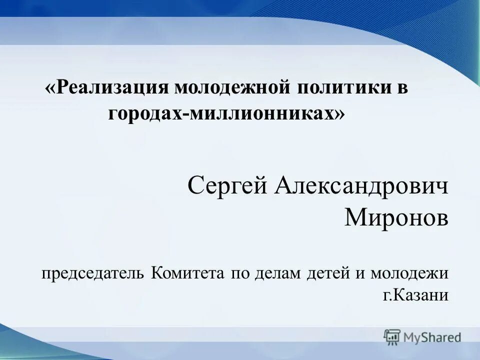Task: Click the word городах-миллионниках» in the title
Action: coord(226,114)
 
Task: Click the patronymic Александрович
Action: coord(361,187)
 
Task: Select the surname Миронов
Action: coord(396,217)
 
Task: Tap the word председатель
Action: coord(93,273)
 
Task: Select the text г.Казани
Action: coord(415,295)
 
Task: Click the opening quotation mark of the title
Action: coord(50,89)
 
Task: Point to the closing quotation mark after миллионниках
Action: coord(339,114)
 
